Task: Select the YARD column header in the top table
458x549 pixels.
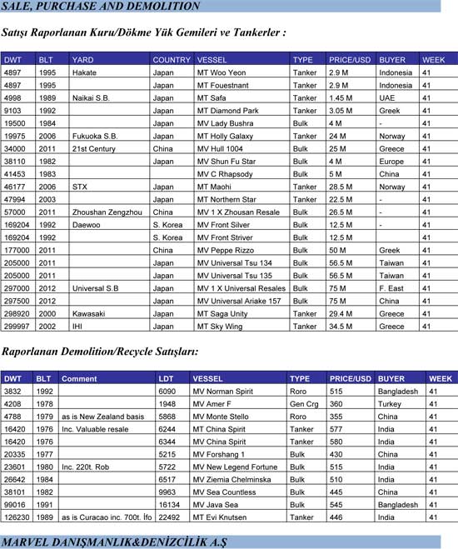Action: [x=83, y=60]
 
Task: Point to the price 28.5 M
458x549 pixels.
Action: [x=346, y=187]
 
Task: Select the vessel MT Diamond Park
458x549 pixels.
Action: [x=228, y=111]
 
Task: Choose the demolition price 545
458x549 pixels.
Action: [x=336, y=505]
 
